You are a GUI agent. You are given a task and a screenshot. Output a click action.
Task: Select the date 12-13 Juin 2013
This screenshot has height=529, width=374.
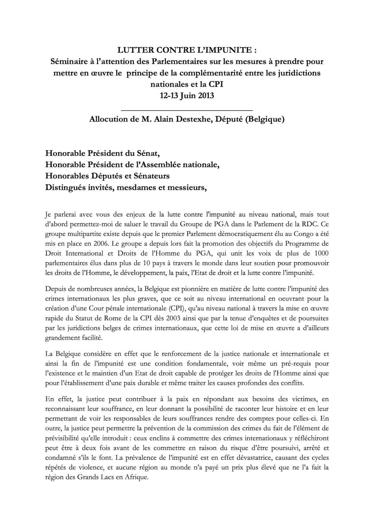(x=187, y=96)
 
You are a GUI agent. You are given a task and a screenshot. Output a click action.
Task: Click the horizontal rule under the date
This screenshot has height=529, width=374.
(x=187, y=110)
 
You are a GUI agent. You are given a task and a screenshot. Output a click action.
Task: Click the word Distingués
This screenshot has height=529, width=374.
(x=64, y=187)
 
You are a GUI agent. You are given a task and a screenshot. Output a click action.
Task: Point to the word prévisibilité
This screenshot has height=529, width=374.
(x=63, y=438)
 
